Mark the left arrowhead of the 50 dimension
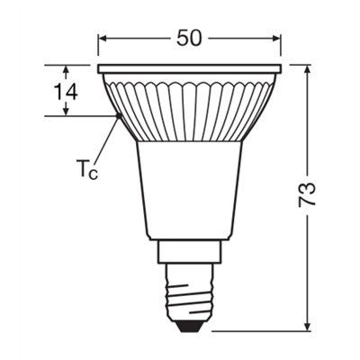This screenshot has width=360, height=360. click(x=102, y=39)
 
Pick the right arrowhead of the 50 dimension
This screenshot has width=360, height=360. click(x=278, y=39)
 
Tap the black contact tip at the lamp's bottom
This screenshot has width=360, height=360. click(x=190, y=325)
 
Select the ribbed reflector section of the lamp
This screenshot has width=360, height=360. click(x=190, y=108)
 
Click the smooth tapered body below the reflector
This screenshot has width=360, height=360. click(x=190, y=193)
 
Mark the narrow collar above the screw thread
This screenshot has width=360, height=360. click(x=190, y=255)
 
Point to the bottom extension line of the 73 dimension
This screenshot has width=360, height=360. click(x=270, y=329)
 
